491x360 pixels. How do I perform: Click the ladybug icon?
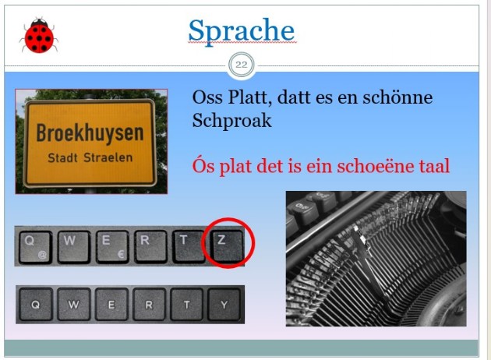(39, 35)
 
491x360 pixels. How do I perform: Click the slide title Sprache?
(242, 31)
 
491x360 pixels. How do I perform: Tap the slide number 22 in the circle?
(241, 65)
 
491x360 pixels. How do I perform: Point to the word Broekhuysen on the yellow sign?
(90, 133)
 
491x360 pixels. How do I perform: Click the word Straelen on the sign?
(108, 157)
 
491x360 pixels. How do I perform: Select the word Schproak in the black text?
(231, 121)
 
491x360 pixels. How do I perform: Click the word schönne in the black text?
(397, 97)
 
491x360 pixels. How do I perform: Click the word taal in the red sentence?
(434, 166)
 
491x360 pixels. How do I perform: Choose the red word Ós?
(203, 165)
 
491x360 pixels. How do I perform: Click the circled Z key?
(228, 246)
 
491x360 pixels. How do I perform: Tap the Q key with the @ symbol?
(35, 247)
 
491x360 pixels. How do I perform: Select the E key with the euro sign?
(111, 247)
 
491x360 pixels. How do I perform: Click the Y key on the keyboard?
(224, 304)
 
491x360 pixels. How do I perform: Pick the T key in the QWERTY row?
(186, 304)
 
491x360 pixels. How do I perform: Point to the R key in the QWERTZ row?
(150, 246)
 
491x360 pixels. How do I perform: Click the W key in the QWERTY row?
(74, 304)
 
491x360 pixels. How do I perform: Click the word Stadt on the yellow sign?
(62, 157)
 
